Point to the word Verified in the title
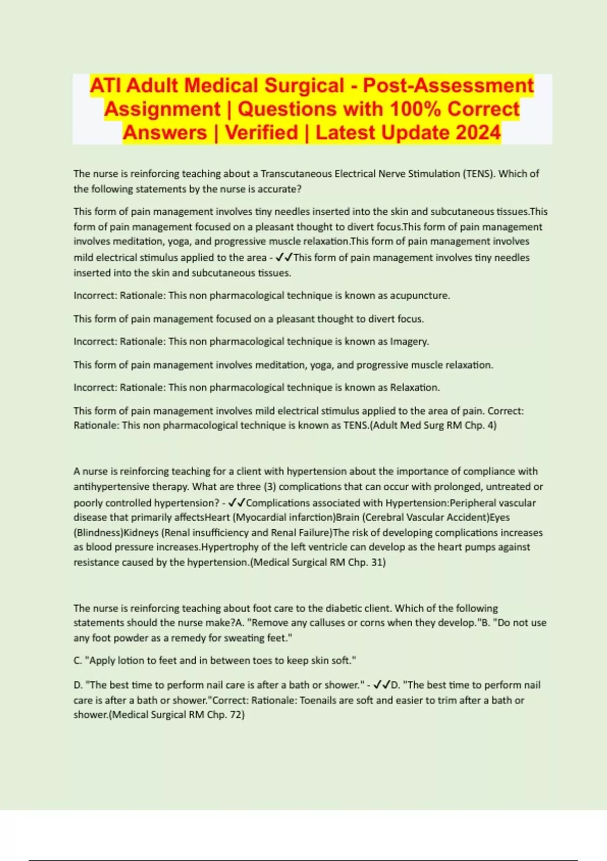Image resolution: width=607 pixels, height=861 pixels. tap(262, 133)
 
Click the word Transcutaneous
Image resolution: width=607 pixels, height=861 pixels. tap(296, 174)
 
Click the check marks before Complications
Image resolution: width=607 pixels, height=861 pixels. tap(236, 503)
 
